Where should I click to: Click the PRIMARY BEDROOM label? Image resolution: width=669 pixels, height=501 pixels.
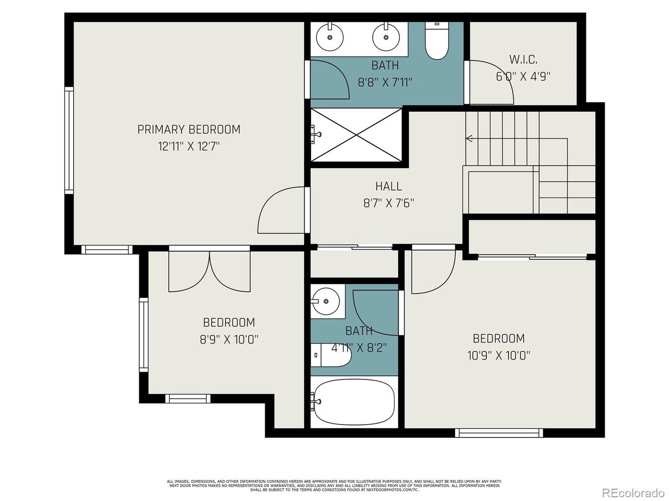pyautogui.click(x=189, y=129)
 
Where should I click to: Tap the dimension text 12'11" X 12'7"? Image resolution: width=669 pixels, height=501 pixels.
pyautogui.click(x=189, y=146)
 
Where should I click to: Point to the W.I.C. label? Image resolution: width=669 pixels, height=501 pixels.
pyautogui.click(x=523, y=59)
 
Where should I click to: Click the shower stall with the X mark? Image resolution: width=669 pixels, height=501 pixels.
pyautogui.click(x=356, y=135)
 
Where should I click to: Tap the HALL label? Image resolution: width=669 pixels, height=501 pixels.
pyautogui.click(x=388, y=186)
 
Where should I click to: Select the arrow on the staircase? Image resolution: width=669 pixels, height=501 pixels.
pyautogui.click(x=469, y=138)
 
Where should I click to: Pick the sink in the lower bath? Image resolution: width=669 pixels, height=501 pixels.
pyautogui.click(x=326, y=301)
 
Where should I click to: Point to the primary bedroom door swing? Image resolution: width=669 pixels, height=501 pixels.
pyautogui.click(x=281, y=210)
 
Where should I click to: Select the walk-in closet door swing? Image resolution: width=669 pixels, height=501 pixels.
pyautogui.click(x=491, y=82)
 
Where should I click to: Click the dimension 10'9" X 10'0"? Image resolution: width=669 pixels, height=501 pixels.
pyautogui.click(x=499, y=355)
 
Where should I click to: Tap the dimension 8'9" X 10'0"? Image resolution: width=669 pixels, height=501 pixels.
pyautogui.click(x=229, y=339)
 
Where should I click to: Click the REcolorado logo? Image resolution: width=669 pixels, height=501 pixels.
pyautogui.click(x=632, y=493)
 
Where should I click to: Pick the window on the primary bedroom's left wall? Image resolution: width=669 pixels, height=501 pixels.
pyautogui.click(x=69, y=141)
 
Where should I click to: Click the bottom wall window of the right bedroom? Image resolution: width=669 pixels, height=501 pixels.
pyautogui.click(x=499, y=433)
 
